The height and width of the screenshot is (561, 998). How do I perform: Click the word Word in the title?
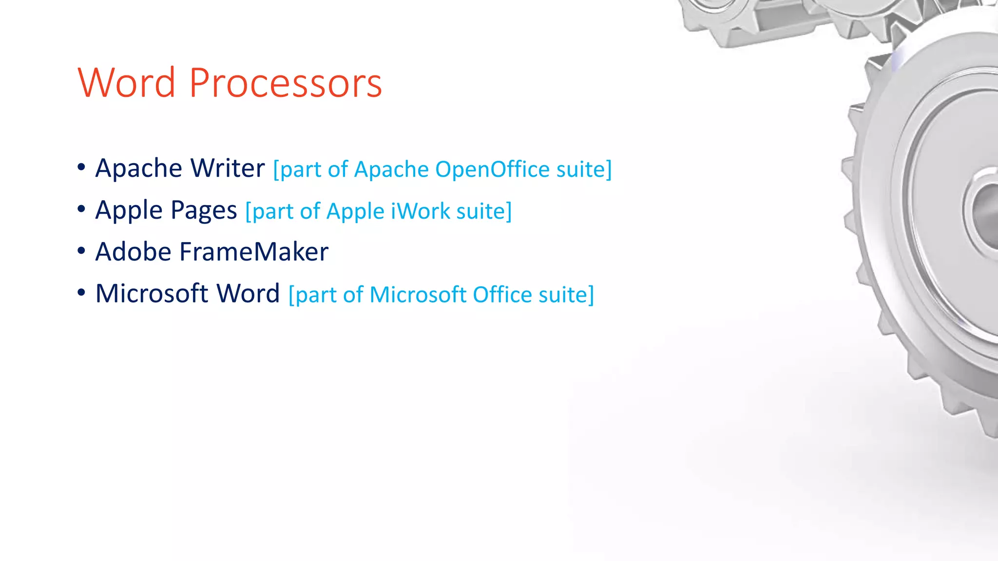pyautogui.click(x=126, y=83)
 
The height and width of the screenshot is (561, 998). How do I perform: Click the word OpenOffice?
pyautogui.click(x=492, y=169)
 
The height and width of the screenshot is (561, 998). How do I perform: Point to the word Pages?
pyautogui.click(x=204, y=211)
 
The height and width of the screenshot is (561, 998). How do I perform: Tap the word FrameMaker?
pyautogui.click(x=254, y=252)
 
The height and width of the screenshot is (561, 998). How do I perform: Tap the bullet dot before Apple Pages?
pyautogui.click(x=81, y=209)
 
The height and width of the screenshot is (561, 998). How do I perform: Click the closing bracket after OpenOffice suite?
pyautogui.click(x=609, y=170)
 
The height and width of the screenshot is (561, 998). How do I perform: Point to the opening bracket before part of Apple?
pyautogui.click(x=248, y=212)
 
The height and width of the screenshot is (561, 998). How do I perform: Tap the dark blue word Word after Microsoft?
pyautogui.click(x=248, y=294)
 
